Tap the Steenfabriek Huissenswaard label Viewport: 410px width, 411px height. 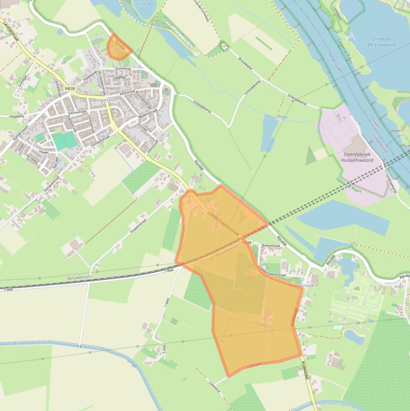[358, 156]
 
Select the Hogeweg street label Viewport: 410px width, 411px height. [17, 116]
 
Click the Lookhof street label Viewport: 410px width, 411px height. [119, 77]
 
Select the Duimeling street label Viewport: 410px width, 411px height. [123, 69]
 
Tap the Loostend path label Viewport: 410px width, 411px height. [214, 386]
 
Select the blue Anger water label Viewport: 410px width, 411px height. [283, 117]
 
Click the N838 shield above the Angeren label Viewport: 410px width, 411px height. [69, 88]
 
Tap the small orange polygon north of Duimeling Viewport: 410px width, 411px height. [118, 46]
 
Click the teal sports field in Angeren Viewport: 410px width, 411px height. [65, 140]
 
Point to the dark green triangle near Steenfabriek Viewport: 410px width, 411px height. [310, 156]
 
